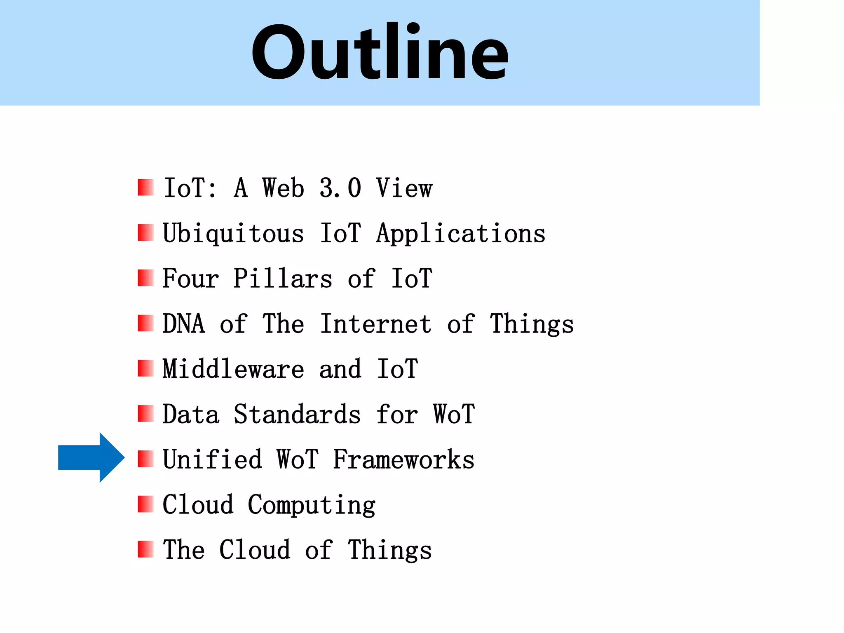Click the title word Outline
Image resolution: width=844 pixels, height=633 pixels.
coord(380,53)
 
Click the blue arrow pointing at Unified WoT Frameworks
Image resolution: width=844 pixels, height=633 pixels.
coord(91,457)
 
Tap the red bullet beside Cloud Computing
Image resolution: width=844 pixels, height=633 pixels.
coord(145,504)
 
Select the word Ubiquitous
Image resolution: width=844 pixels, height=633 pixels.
coord(233,234)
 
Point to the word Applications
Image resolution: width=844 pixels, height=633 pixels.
coord(461,234)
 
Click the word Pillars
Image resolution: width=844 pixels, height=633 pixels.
coord(283,279)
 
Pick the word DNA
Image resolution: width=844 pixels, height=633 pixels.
coord(184,324)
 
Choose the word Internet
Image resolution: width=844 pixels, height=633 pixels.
coord(376,324)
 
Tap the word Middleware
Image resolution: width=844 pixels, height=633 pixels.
coord(233,369)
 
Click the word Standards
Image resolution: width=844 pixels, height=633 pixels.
coord(297,414)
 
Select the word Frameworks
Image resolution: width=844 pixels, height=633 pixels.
coord(403,459)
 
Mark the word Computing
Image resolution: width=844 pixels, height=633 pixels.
coord(312,505)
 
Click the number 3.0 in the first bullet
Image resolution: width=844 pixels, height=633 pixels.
coord(340,188)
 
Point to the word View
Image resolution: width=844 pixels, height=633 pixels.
coord(404,188)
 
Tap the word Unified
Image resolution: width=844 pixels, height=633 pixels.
coord(212,459)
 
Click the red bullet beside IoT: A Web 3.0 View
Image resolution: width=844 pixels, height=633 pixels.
coord(145,188)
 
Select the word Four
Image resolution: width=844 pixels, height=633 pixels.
coord(190,279)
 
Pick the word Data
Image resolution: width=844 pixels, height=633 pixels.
coord(191,414)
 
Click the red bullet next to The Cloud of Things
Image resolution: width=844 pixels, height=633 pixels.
coord(145,549)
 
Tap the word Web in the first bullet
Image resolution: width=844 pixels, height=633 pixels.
coord(283,188)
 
